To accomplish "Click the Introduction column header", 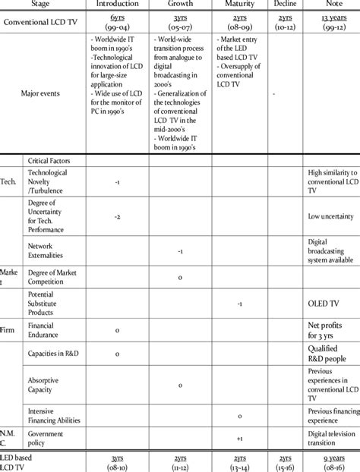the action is [x=116, y=5].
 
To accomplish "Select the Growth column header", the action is [x=179, y=5].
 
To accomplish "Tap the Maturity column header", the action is [x=239, y=5].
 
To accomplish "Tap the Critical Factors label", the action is [x=52, y=161].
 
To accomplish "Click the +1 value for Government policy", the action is [x=239, y=439].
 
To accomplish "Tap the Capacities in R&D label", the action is [x=53, y=355].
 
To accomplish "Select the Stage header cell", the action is [x=43, y=5].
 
